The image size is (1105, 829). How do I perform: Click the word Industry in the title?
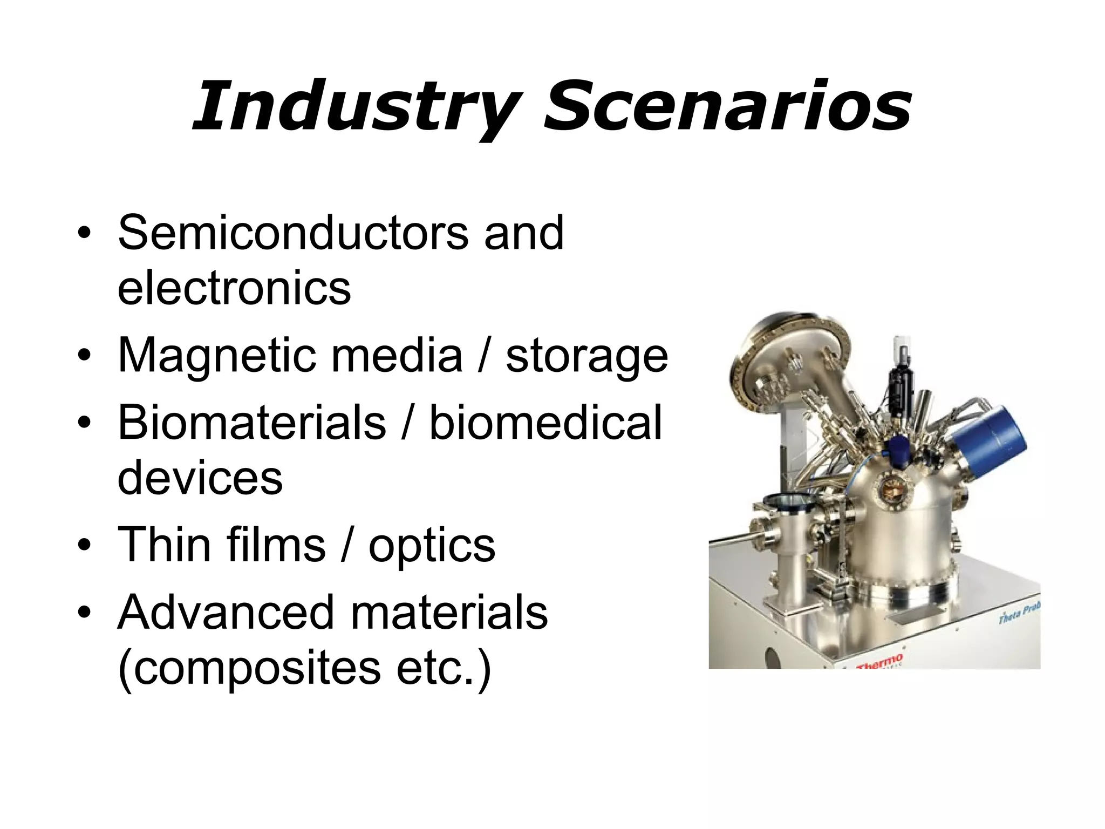coord(356,106)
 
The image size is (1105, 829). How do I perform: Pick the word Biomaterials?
coord(252,423)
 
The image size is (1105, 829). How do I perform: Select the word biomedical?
coord(545,423)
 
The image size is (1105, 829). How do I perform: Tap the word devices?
coord(200,478)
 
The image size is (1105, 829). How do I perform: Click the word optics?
coord(432,545)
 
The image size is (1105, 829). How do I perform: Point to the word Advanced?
coord(227,613)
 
